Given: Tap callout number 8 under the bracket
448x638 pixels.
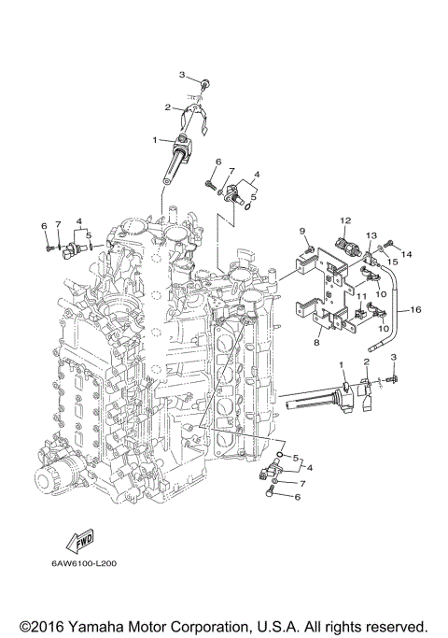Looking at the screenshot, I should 316,344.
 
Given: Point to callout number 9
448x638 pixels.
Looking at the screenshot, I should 302,231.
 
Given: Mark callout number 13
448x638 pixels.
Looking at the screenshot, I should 371,235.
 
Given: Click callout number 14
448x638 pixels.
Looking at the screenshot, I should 406,253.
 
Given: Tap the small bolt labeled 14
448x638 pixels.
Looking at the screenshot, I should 390,246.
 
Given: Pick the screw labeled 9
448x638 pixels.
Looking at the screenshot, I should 308,248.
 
